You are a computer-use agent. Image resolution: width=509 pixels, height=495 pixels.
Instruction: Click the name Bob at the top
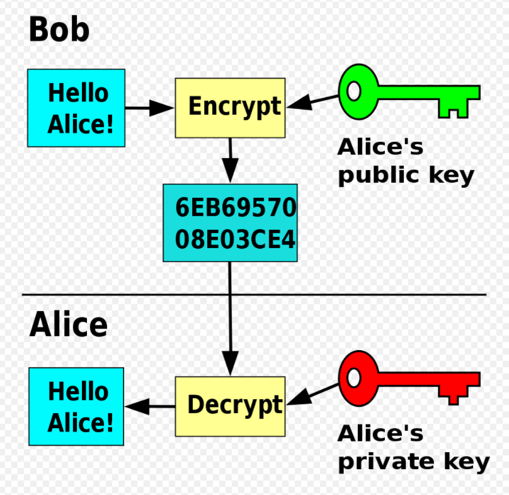coord(59,29)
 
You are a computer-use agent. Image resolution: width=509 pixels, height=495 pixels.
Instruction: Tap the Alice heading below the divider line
coord(69,324)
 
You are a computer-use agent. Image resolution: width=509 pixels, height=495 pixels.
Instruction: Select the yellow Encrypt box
coord(230,108)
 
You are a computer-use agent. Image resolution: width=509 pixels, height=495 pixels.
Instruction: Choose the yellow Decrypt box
coord(230,406)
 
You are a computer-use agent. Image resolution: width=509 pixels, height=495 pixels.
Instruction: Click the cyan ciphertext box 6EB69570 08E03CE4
coord(230,223)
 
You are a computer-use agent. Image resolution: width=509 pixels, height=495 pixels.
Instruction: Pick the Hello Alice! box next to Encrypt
coord(76,108)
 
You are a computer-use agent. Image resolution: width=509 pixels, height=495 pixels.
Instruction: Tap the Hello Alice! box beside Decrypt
coord(76,406)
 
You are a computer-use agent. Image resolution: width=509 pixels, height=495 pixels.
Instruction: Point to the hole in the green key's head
coord(354,91)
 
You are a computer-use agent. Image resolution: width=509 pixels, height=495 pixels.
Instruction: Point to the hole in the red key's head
coord(354,378)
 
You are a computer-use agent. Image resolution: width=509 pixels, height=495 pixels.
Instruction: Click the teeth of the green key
coord(454,109)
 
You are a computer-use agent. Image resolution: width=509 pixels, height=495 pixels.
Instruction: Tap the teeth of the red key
coord(454,395)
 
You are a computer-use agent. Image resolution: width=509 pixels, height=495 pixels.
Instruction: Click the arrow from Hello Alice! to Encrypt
coord(149,108)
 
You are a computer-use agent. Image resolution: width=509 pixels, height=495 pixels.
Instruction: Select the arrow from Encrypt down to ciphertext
coord(230,161)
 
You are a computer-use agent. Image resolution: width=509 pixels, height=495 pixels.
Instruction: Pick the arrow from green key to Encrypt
coord(312,101)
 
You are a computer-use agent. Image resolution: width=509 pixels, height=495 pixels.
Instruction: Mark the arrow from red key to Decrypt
coord(312,394)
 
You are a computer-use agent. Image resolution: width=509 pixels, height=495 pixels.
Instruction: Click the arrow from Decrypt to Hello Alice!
coord(150,406)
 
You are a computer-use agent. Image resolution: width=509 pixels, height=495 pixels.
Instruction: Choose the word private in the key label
coord(386,462)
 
